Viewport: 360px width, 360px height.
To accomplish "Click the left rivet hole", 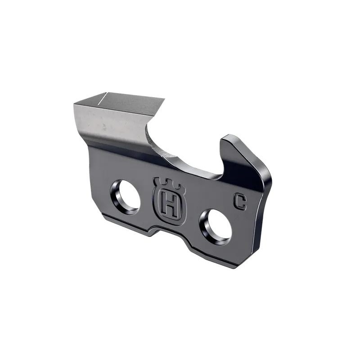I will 126,197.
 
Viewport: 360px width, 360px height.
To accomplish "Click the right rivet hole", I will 216,226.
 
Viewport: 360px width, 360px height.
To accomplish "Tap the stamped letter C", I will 240,201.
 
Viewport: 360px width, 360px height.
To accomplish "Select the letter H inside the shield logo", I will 170,205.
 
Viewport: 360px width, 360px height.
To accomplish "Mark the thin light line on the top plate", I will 102,98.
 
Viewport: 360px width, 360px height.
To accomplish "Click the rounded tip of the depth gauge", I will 228,138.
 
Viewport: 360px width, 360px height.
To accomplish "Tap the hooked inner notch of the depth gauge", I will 220,169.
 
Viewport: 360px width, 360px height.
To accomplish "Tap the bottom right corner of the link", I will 236,266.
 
